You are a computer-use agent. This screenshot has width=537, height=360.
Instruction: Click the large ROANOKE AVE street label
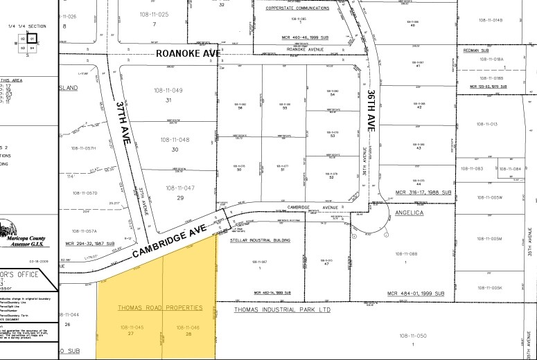coord(187,53)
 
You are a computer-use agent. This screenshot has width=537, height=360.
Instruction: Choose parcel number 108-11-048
coord(174,140)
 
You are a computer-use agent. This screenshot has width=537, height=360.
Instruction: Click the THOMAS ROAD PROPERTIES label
coord(159,307)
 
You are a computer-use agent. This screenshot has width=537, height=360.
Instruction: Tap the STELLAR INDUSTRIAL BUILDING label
coord(260,240)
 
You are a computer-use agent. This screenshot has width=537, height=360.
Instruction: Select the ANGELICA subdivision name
coord(408,213)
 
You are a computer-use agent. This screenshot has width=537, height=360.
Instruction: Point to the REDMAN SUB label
coord(475,51)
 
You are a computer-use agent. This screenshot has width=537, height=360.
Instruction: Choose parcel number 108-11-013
coord(488,124)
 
